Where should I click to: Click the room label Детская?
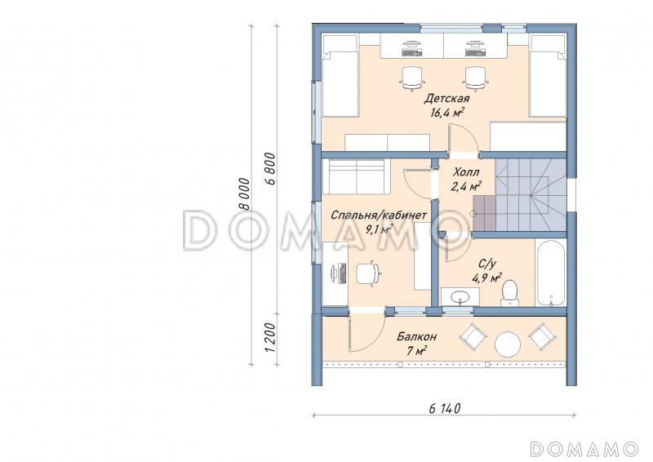[x=446, y=99]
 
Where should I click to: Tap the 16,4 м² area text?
[x=447, y=113]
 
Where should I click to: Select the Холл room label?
[x=466, y=172]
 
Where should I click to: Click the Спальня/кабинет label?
[x=379, y=215]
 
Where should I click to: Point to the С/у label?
[x=486, y=264]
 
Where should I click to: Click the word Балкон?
[x=416, y=336]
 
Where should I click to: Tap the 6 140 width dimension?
[x=445, y=408]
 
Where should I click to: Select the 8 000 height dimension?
[x=246, y=194]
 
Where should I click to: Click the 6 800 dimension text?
[x=270, y=169]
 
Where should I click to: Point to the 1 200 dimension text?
[x=270, y=336]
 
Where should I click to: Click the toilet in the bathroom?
[x=509, y=293]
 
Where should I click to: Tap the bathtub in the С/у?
[x=550, y=273]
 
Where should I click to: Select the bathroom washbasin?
[x=460, y=296]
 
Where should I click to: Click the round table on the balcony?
[x=507, y=344]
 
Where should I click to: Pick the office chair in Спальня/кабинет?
[x=368, y=273]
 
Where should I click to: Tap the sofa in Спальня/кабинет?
[x=355, y=176]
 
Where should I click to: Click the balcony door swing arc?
[x=374, y=337]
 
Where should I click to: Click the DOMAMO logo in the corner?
[x=584, y=449]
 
